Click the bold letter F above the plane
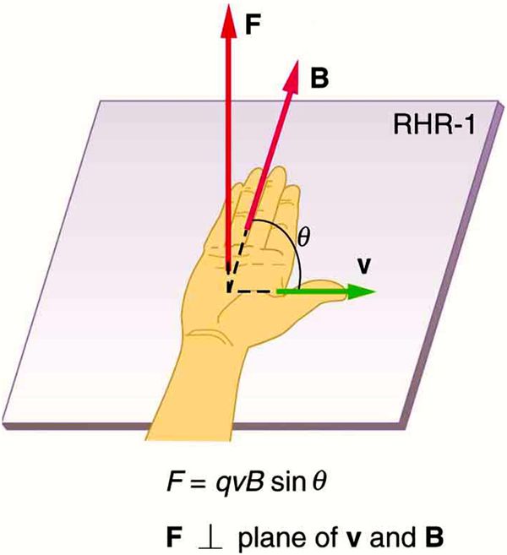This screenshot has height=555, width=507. [x=253, y=25]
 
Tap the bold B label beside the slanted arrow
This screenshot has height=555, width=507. [x=319, y=78]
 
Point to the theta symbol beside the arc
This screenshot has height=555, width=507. [x=303, y=237]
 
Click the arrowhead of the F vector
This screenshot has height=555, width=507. [x=228, y=20]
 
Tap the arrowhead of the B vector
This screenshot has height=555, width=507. [x=293, y=77]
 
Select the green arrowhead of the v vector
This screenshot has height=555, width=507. [x=361, y=291]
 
